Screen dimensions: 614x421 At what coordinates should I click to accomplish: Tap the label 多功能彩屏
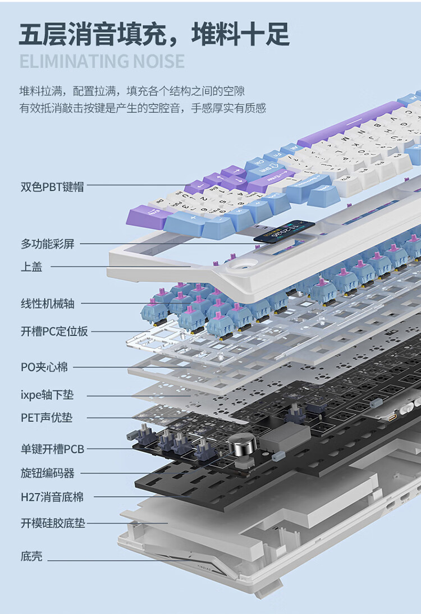tap(47, 244)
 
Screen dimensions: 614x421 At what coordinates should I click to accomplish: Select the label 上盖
tap(31, 267)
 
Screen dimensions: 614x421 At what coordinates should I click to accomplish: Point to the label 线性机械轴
tap(47, 304)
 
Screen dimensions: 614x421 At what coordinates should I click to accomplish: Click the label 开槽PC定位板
tap(54, 331)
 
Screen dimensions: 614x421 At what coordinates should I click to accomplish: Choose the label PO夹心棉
tap(44, 367)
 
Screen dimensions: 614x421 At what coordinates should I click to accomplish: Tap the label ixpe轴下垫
tap(47, 395)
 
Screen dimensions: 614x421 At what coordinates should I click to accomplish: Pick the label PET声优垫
tap(47, 418)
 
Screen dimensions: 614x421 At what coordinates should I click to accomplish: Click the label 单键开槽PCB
tap(52, 449)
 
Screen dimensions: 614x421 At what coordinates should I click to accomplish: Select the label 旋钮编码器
tap(47, 473)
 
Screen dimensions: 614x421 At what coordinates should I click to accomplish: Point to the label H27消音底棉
tap(52, 497)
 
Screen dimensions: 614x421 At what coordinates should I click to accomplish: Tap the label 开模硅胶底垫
tap(53, 524)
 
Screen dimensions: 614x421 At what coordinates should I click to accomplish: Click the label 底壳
tap(31, 557)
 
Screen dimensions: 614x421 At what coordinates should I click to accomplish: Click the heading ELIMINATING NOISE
tap(102, 61)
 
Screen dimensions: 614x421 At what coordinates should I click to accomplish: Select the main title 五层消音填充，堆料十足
tap(154, 33)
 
